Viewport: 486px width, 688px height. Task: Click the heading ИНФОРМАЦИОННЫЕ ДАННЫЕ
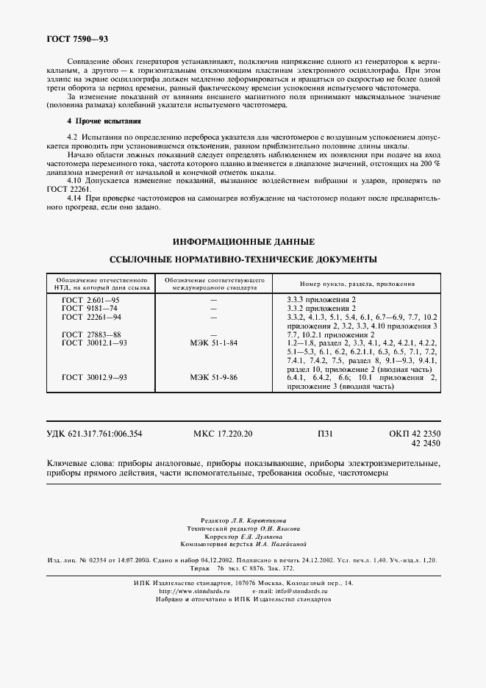pos(243,242)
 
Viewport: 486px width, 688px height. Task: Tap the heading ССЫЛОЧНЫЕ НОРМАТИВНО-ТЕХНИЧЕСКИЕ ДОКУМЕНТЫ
pos(243,259)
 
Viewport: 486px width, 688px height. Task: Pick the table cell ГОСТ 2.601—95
pos(92,300)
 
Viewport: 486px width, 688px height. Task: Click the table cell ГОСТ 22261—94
pos(92,316)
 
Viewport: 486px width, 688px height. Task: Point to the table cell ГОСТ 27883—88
pos(92,334)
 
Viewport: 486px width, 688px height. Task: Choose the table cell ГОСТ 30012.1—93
pos(94,343)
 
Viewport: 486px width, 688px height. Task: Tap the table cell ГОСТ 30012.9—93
pos(94,376)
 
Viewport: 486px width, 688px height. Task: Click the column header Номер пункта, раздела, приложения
pos(357,284)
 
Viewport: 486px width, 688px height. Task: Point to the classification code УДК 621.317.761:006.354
pos(95,434)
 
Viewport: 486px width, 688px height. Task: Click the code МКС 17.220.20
pos(222,434)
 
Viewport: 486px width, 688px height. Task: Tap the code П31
pos(324,434)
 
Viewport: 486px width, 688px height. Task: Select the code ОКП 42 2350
pos(414,434)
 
